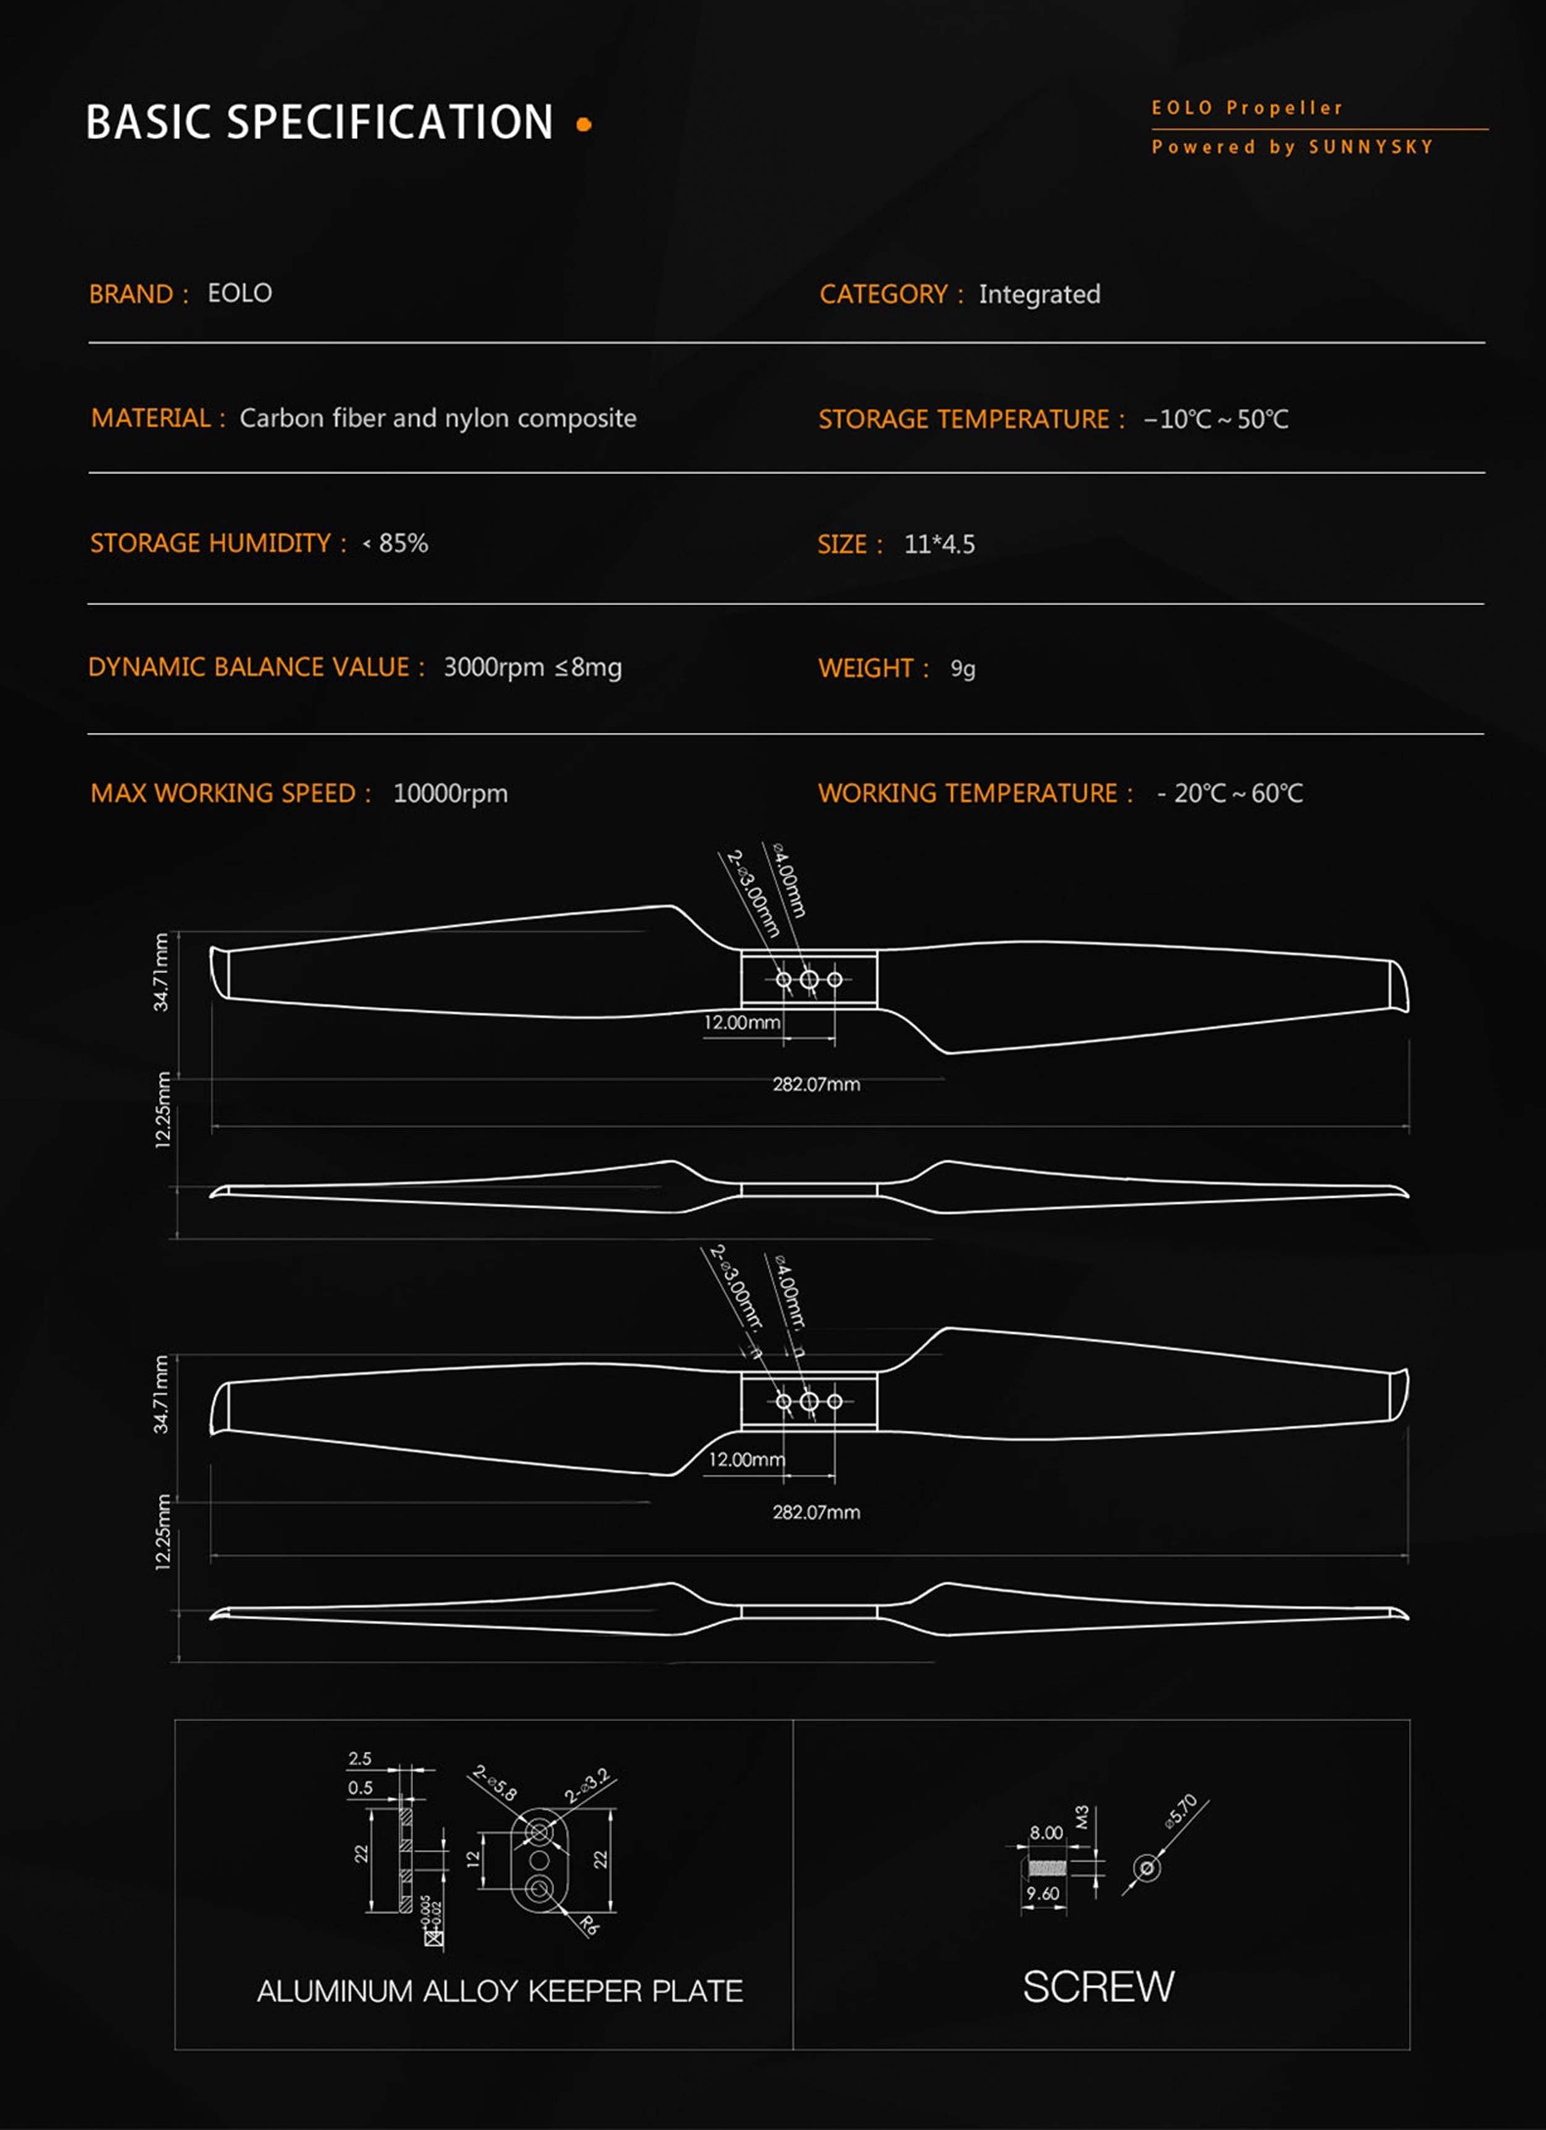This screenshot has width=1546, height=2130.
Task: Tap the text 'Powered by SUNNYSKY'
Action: point(1292,147)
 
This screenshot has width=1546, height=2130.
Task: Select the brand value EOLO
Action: point(239,293)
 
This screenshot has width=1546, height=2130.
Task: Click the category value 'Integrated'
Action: point(1039,295)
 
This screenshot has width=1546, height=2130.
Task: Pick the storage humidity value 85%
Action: point(403,543)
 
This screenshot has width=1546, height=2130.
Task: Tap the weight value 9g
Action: point(963,668)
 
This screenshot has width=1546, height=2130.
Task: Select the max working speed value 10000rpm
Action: point(450,794)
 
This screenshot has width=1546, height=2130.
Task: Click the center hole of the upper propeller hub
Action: point(809,979)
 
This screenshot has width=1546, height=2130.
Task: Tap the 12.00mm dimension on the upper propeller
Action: point(741,1023)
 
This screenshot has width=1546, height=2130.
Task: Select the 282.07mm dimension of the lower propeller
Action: point(815,1512)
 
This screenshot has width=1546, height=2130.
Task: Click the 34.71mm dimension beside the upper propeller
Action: point(161,972)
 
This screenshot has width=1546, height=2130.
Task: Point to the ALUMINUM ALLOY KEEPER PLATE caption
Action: point(500,1991)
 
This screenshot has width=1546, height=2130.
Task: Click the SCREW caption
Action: point(1098,1987)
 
